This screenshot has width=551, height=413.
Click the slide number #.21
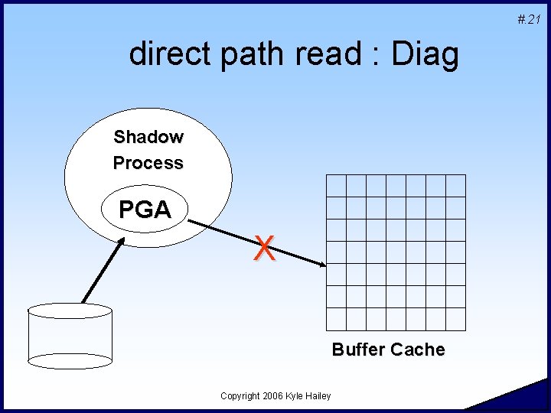click(x=528, y=19)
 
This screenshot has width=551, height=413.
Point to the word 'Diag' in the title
click(x=425, y=54)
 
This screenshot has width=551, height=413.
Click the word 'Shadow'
click(x=148, y=138)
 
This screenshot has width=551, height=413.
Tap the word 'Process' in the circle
click(x=148, y=163)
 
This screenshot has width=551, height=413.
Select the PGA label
click(x=145, y=210)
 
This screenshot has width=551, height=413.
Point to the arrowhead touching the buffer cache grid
click(x=320, y=265)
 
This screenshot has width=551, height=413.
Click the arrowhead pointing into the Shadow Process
click(x=122, y=242)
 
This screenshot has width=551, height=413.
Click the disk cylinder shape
click(x=70, y=335)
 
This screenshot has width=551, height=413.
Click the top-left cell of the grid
click(x=337, y=186)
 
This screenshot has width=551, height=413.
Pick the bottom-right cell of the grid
click(x=455, y=319)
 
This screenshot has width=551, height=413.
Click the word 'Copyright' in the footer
click(x=239, y=395)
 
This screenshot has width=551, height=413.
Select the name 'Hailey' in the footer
click(x=318, y=395)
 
